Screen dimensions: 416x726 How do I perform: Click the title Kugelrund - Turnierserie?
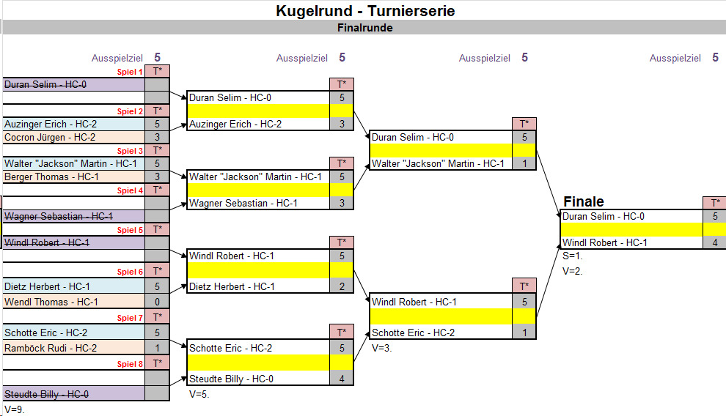point(364,11)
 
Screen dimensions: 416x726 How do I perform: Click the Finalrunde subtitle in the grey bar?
point(364,28)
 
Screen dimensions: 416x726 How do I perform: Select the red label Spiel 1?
point(131,72)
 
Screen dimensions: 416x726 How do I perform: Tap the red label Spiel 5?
point(131,230)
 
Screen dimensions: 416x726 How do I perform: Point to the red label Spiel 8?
point(131,364)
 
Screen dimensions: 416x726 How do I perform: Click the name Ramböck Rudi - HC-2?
point(51,348)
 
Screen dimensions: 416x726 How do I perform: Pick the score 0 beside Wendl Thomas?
point(157,302)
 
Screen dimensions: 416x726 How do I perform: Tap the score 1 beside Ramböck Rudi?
point(157,348)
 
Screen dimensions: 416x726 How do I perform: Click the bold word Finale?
point(584,201)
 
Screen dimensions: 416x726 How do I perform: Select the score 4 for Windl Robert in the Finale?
point(714,242)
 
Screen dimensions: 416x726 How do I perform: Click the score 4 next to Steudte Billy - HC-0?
point(342,379)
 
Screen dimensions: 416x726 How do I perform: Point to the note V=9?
point(15,409)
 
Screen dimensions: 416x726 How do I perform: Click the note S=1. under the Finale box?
point(573,256)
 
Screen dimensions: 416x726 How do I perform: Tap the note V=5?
point(199,393)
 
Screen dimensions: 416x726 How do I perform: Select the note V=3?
point(382,348)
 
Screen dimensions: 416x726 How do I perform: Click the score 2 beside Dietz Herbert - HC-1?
point(342,286)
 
